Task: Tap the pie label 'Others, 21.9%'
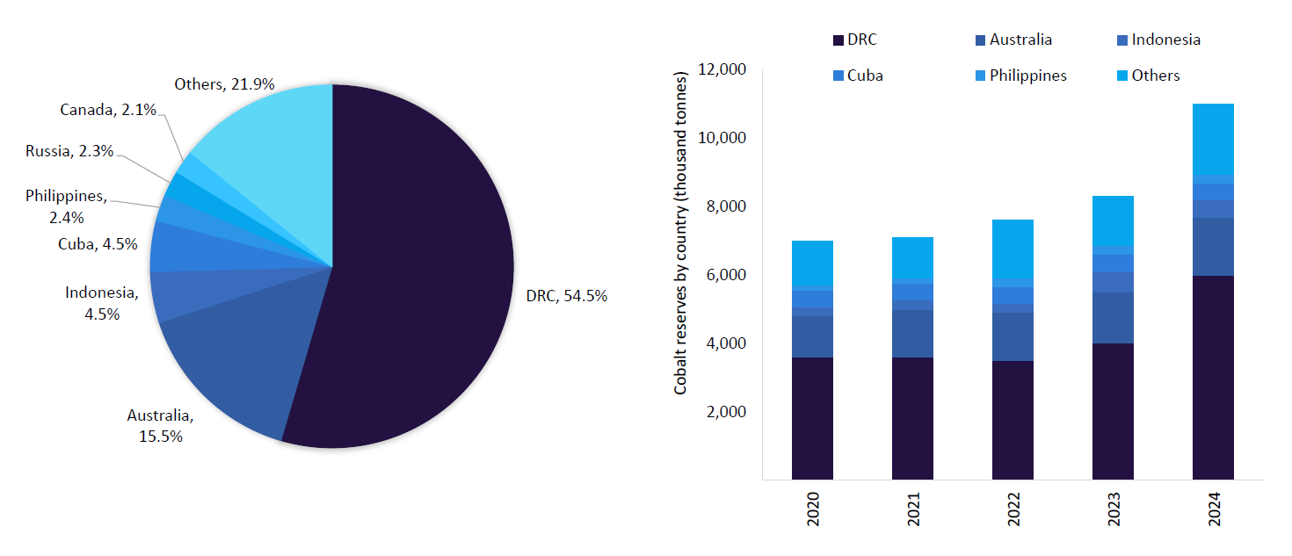tap(224, 84)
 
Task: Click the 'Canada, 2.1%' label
tap(108, 110)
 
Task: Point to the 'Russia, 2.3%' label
tap(69, 151)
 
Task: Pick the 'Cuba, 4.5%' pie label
tap(98, 244)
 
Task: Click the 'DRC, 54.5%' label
tap(566, 296)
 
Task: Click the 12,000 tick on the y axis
tap(722, 69)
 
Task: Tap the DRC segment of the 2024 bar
tap(1213, 378)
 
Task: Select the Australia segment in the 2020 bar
tap(812, 336)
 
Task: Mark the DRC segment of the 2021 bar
tap(912, 418)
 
